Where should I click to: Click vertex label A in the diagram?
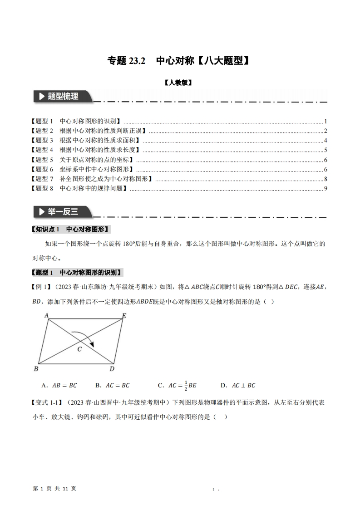pyautogui.click(x=46, y=315)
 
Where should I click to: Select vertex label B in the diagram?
pyautogui.click(x=36, y=368)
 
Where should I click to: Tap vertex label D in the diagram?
pyautogui.click(x=112, y=368)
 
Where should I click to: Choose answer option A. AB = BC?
pyautogui.click(x=59, y=386)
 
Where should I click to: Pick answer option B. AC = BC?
pyautogui.click(x=112, y=386)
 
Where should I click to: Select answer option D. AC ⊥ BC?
pyautogui.click(x=237, y=386)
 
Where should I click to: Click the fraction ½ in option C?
pyautogui.click(x=185, y=386)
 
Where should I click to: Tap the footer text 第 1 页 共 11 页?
pyautogui.click(x=55, y=488)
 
